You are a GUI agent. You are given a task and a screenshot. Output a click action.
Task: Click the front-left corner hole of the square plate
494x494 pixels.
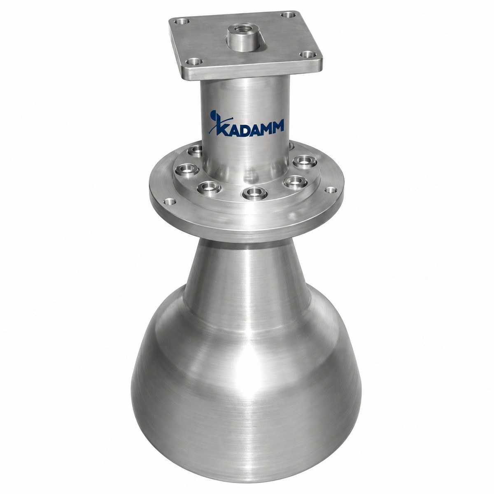coord(194,61)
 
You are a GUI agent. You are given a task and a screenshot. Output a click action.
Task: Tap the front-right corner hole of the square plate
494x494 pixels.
coord(308,54)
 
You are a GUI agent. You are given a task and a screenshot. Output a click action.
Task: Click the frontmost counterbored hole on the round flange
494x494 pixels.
coord(255,193)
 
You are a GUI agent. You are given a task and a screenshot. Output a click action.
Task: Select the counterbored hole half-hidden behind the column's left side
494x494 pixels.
coord(196,151)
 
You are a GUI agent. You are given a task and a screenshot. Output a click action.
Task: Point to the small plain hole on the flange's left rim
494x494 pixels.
coord(170,202)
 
